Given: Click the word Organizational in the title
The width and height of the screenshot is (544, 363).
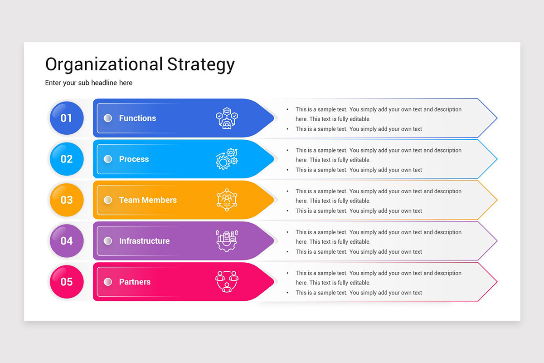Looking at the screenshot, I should tap(104, 64).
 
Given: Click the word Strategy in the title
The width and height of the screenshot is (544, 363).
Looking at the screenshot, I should tap(201, 65).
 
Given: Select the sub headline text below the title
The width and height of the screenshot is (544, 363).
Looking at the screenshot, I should tap(89, 83).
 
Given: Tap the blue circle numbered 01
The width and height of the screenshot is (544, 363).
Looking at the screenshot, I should tap(67, 118).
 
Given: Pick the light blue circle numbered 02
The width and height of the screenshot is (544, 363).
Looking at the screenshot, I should tap(67, 159).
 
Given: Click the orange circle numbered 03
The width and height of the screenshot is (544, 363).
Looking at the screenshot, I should tap(67, 200).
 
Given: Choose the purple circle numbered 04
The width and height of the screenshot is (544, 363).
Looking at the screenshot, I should tap(67, 240).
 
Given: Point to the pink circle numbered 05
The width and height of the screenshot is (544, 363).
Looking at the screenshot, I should tap(67, 282).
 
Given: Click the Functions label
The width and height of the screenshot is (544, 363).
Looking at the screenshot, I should tap(137, 118).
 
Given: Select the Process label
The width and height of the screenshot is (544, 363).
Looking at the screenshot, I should tap(134, 159).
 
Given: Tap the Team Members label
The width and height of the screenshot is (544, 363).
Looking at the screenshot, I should tap(148, 200).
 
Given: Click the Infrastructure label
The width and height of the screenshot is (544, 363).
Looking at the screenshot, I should tap(144, 241).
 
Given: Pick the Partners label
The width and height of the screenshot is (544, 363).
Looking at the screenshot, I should tap(135, 282).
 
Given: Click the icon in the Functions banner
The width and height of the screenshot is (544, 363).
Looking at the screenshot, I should tap(227, 118).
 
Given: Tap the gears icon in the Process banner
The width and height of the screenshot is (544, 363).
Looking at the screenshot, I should tap(227, 159).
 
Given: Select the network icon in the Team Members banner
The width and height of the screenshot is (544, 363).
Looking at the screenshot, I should tap(227, 200).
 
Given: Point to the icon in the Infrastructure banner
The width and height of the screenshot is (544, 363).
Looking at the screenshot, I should tap(227, 240).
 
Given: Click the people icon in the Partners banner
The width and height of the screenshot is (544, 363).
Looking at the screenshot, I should tap(227, 281).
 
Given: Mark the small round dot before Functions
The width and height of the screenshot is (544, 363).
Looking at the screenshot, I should tap(108, 118).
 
